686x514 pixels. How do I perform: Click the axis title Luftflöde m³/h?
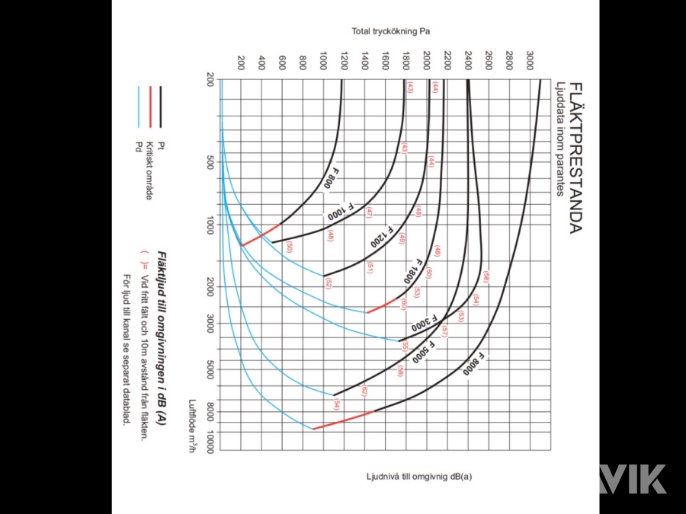tap(194, 427)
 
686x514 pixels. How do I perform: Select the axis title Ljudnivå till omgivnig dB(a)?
tap(418, 477)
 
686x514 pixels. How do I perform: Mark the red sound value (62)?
tap(364, 391)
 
